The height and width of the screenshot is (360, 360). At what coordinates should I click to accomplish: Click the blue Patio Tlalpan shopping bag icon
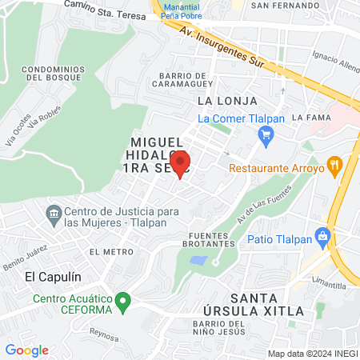click(x=323, y=235)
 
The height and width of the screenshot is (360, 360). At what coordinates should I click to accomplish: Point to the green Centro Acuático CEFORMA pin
click(x=122, y=302)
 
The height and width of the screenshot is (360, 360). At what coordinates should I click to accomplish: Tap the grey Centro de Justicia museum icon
click(x=54, y=213)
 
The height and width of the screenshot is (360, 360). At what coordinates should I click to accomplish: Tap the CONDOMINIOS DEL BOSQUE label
click(x=54, y=74)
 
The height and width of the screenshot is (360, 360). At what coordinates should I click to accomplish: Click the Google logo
click(x=26, y=350)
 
